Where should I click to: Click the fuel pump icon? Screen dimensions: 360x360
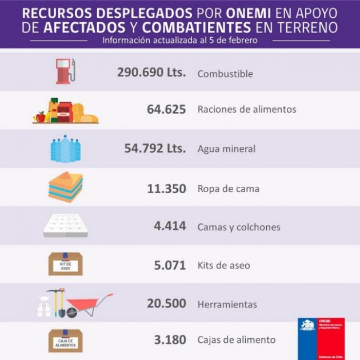click(x=65, y=71)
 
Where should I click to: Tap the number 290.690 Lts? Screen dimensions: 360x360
click(x=151, y=73)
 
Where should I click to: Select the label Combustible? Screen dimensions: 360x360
click(x=225, y=74)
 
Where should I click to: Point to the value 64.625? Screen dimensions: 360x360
click(x=166, y=109)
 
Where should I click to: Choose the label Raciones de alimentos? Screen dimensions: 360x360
click(x=247, y=109)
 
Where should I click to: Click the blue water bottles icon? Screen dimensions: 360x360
click(x=65, y=149)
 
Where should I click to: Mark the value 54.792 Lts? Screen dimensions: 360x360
click(x=155, y=149)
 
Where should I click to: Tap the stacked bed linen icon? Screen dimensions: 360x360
click(x=65, y=187)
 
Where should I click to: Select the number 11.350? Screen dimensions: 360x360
click(x=166, y=188)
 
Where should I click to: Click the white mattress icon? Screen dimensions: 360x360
click(x=65, y=226)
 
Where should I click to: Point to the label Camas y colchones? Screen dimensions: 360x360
click(x=239, y=227)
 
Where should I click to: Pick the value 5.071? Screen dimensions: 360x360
click(x=170, y=265)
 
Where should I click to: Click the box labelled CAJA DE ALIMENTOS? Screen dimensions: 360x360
click(x=65, y=341)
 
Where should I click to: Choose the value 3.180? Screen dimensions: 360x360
click(x=170, y=340)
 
